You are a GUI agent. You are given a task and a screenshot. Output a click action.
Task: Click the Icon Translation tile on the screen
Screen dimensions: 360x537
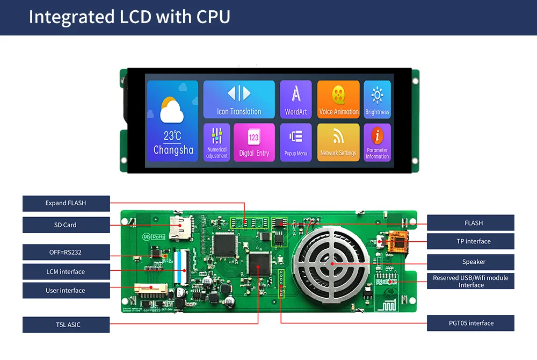[x=239, y=99]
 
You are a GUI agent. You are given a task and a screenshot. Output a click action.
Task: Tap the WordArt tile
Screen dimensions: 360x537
[x=296, y=99]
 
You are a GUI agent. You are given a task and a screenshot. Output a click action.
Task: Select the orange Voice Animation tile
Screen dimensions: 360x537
[x=338, y=99]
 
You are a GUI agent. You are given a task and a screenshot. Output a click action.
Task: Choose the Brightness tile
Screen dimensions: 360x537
[x=377, y=99]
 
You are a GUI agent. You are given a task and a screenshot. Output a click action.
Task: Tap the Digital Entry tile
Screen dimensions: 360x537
[x=254, y=142]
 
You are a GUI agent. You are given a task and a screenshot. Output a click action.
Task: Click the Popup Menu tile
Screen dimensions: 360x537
[x=296, y=142]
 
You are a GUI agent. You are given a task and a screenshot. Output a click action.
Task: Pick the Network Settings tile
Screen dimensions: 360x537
[x=338, y=142]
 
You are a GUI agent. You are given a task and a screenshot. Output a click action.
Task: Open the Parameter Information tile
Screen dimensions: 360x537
[x=377, y=142]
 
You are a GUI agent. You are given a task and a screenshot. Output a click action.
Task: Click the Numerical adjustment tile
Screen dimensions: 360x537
[x=217, y=142]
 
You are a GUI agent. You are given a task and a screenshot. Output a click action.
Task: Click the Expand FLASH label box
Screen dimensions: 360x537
[x=66, y=203]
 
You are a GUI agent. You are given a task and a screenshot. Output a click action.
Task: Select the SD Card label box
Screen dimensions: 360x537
[x=66, y=225]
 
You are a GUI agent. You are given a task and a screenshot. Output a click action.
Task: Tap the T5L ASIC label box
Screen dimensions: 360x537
[x=66, y=325]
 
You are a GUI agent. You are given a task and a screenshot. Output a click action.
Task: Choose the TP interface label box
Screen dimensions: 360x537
[x=470, y=241]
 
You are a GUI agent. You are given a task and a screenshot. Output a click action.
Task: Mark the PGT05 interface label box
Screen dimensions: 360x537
[x=470, y=323]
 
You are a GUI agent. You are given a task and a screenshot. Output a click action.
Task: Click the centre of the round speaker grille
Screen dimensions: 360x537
[x=331, y=263]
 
